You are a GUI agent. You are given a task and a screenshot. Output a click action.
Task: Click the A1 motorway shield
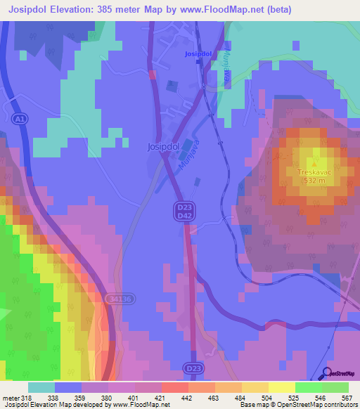[x=20, y=120]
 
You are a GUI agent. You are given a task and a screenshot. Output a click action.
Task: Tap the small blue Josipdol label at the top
[x=198, y=53]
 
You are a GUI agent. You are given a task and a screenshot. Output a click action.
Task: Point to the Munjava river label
[x=186, y=167]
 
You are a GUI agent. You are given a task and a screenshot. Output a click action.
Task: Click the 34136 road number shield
[x=120, y=299]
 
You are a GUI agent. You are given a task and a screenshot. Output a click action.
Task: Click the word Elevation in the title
[x=77, y=10]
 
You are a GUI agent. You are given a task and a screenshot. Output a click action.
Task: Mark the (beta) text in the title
[x=276, y=10]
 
